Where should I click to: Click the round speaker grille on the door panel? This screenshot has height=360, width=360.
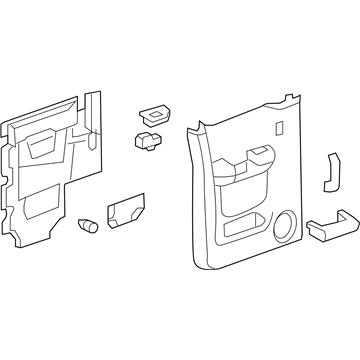[x=285, y=226]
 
